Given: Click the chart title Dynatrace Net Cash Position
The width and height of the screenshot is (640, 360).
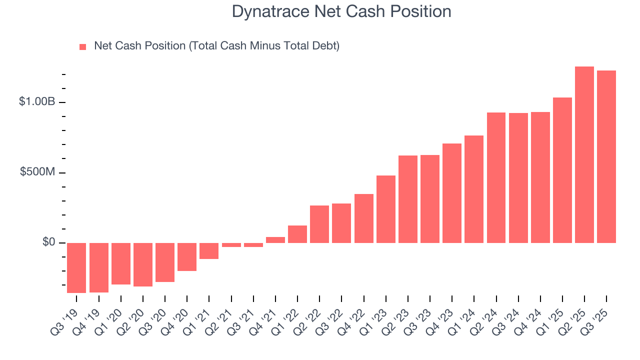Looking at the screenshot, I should pos(341,11).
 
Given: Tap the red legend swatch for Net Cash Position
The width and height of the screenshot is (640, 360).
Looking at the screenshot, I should pos(83,47).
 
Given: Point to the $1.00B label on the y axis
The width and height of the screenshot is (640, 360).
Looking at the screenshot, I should pos(37,102).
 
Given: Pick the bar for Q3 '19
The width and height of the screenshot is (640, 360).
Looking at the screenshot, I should pos(76,267).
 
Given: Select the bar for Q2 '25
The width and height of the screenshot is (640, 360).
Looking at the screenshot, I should pos(584,155).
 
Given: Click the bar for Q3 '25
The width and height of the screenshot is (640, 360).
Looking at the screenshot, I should pos(606,157).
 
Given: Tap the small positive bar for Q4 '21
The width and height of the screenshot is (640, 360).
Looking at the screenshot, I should pos(275,240).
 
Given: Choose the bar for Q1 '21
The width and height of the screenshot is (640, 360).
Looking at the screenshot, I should pos(209,251).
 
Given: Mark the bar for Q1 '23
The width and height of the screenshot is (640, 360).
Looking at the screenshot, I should pos(385,209).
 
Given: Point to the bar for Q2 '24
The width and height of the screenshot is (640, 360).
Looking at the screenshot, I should pos(496,177).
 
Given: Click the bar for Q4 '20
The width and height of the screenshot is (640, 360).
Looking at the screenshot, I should pos(187,257).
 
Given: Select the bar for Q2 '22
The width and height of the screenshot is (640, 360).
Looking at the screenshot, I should pos(319,224).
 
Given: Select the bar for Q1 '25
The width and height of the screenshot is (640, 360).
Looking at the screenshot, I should pos(562,170).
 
